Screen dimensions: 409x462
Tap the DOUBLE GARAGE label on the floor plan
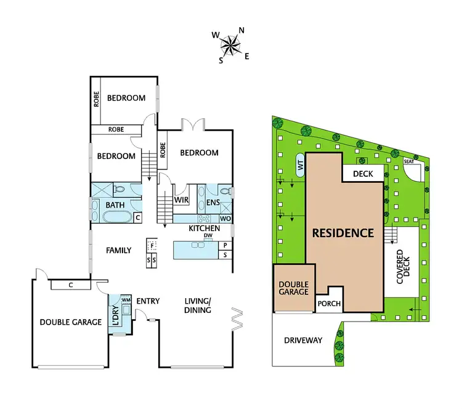pos(71,322)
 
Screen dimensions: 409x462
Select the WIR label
pos(181,200)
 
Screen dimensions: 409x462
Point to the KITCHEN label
pos(204,229)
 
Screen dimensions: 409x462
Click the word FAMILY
pos(118,250)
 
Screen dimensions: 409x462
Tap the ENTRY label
pos(148,301)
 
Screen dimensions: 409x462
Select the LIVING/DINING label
pos(198,306)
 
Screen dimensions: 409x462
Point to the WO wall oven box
pos(225,219)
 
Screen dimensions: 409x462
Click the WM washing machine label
pos(126,301)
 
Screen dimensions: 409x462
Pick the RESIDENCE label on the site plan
pos(342,233)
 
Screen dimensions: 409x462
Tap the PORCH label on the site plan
pos(328,303)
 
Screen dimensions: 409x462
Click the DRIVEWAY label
pos(302,340)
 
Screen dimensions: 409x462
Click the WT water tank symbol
pos(301,164)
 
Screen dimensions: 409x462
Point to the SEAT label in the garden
pos(408,161)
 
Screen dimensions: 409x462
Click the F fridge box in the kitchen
pos(152,245)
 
